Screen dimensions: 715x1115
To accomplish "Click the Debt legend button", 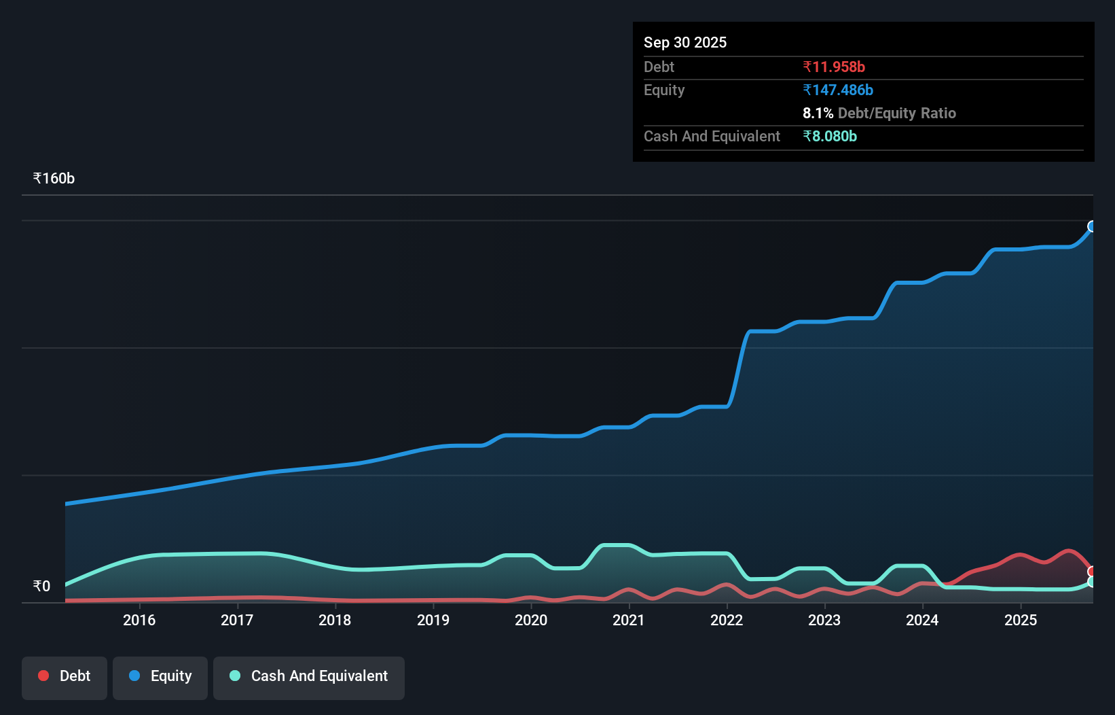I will coord(65,676).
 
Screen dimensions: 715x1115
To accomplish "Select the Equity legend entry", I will coord(160,676).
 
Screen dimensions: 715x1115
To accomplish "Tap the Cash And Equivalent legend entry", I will coord(309,676).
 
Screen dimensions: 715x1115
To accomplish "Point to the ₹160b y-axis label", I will coord(54,179).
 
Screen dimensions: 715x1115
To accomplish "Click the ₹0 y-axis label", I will coord(41,587).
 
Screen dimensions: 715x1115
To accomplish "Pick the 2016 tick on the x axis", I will coord(139,620).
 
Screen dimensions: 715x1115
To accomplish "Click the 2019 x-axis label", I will coord(433,620).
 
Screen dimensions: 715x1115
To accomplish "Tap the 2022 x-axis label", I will coord(727,620).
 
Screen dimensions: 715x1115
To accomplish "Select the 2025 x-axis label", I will coord(1021,620).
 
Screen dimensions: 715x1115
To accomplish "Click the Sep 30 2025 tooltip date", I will coord(685,42).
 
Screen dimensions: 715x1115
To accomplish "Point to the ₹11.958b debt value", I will coord(834,67).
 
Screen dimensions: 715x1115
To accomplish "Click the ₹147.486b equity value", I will coord(838,90).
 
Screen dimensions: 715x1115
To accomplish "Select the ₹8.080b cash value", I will coord(830,136).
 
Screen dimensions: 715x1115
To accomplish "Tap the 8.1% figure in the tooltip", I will coord(818,113).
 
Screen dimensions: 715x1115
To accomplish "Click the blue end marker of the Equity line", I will coord(1092,226).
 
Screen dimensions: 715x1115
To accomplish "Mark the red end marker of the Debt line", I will coord(1092,572).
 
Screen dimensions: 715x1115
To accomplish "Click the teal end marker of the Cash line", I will coord(1092,582).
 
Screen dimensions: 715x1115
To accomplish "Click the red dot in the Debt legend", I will coord(43,676).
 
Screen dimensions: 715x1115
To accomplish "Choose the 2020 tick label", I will coord(531,620).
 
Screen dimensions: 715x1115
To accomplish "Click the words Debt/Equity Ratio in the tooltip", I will coord(897,113).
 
